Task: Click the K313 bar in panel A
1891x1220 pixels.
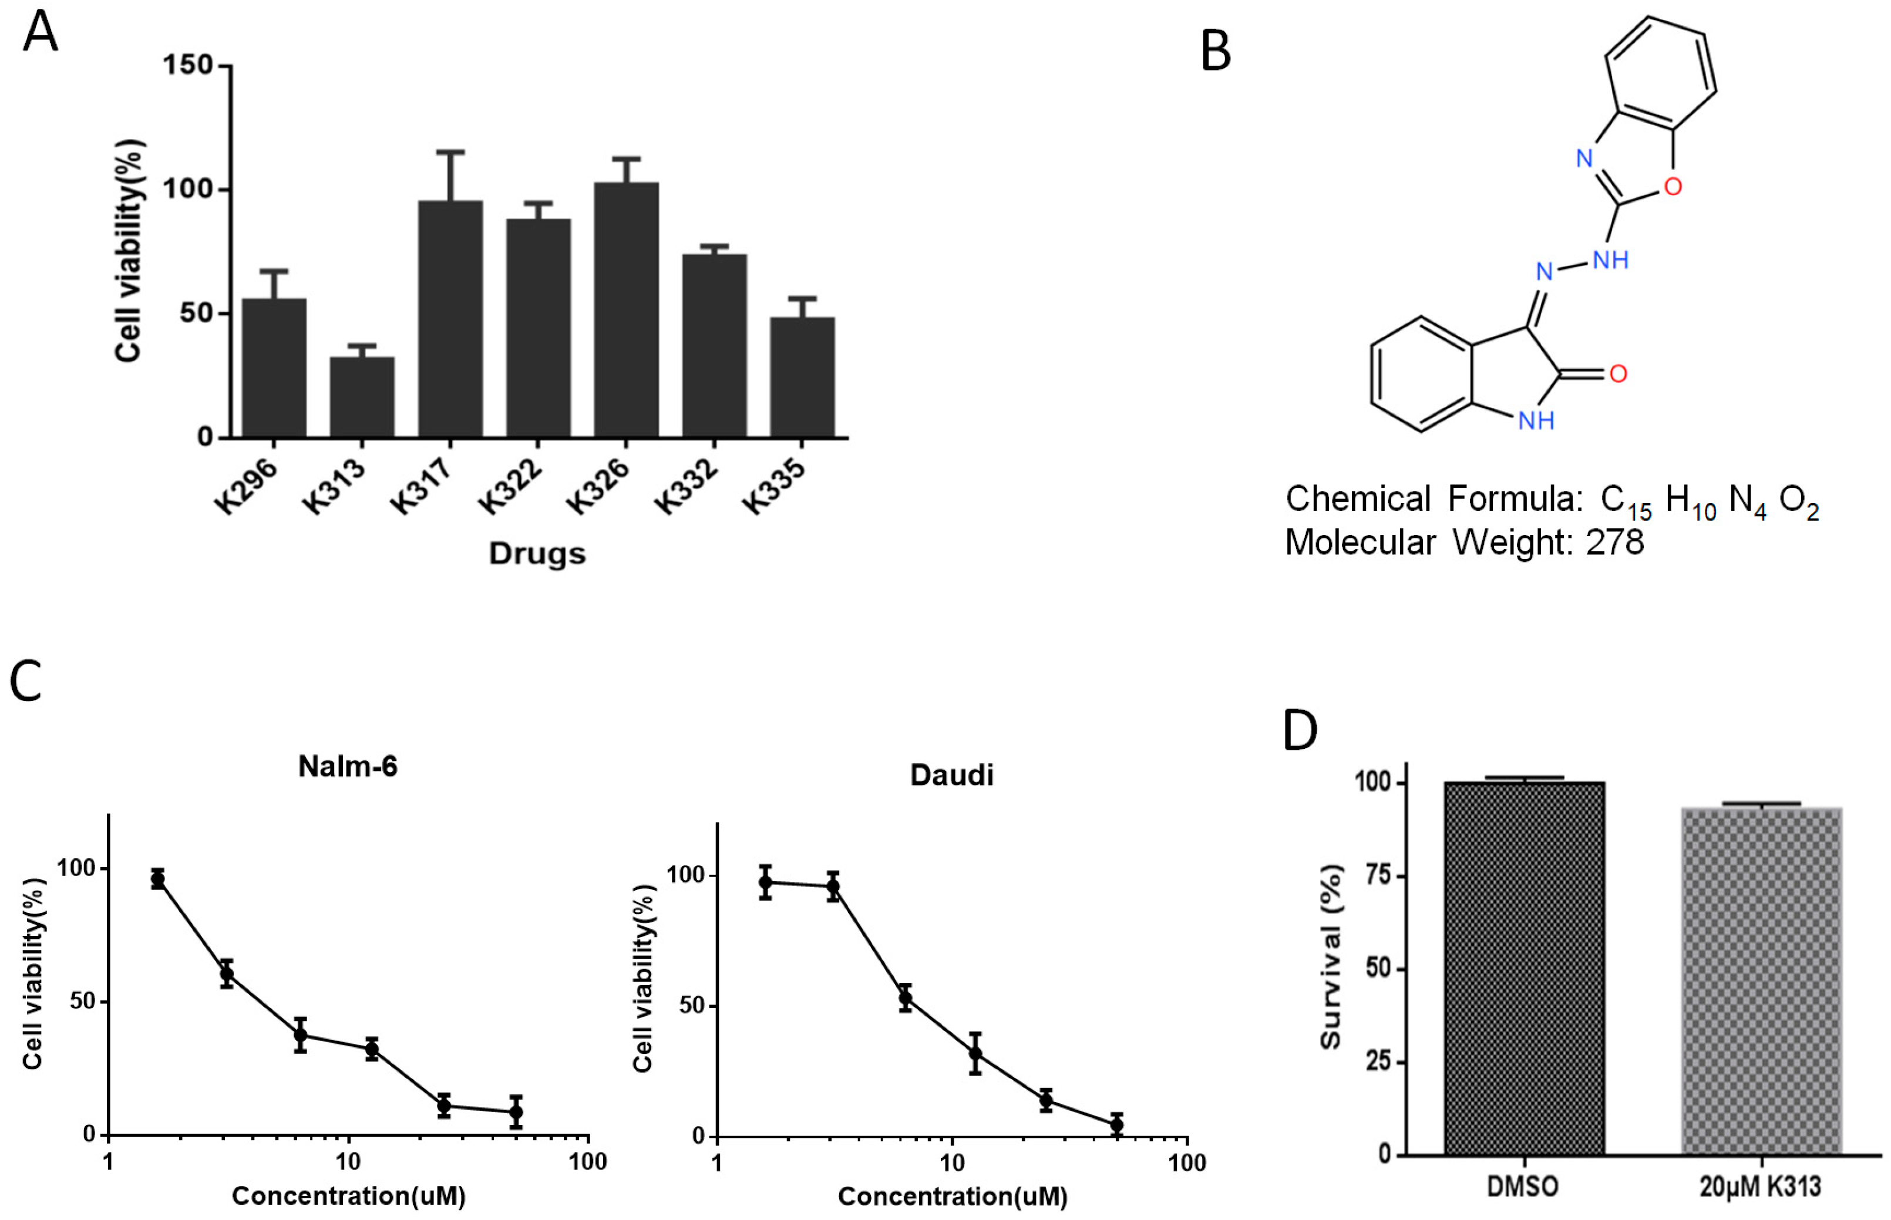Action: pyautogui.click(x=362, y=396)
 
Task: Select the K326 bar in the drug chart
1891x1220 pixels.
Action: pyautogui.click(x=626, y=309)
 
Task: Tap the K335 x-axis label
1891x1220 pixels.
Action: pyautogui.click(x=774, y=487)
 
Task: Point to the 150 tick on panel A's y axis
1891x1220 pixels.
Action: pyautogui.click(x=188, y=65)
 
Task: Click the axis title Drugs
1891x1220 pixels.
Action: pyautogui.click(x=537, y=553)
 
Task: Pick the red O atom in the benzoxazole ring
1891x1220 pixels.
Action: pyautogui.click(x=1673, y=187)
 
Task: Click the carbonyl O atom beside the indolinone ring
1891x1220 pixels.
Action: pyautogui.click(x=1619, y=374)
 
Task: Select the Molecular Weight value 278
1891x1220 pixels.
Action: pyautogui.click(x=1616, y=542)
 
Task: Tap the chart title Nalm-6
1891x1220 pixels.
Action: pyautogui.click(x=347, y=766)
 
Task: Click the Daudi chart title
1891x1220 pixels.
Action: pyautogui.click(x=951, y=775)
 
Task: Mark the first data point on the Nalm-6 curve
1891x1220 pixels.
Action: pyautogui.click(x=157, y=878)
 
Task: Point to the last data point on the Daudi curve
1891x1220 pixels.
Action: pyautogui.click(x=1116, y=1124)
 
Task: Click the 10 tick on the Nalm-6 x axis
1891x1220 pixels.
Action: pyautogui.click(x=348, y=1161)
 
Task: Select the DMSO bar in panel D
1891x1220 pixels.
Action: pyautogui.click(x=1524, y=966)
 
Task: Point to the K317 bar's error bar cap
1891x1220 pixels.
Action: pyautogui.click(x=450, y=151)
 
